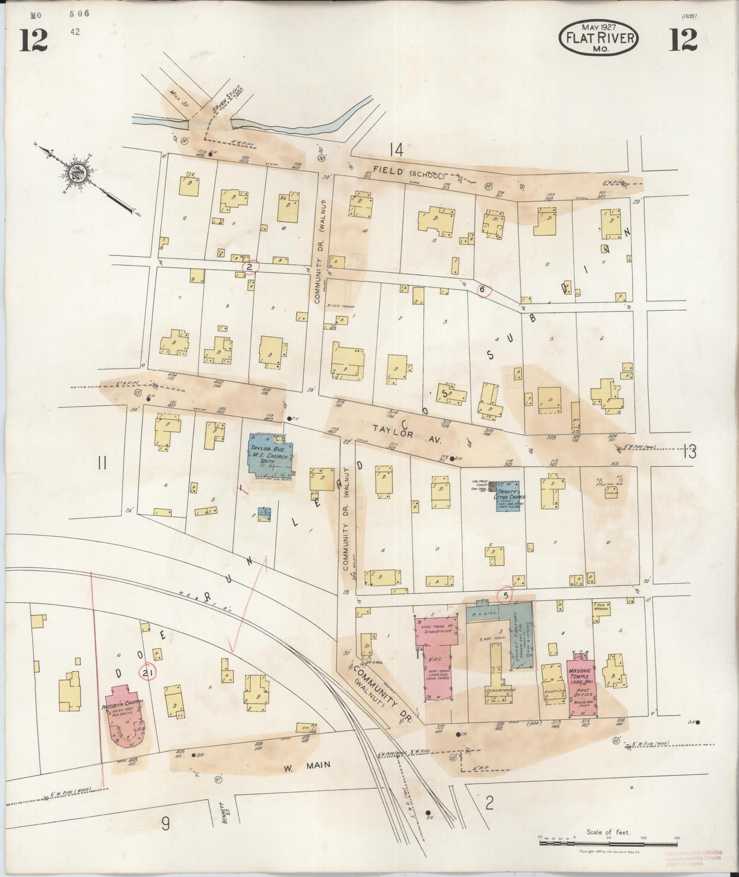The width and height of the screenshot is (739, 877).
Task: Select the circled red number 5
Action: click(x=506, y=595)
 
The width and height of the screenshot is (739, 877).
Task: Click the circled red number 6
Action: click(x=482, y=290)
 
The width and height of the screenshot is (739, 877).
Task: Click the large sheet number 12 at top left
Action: click(x=34, y=40)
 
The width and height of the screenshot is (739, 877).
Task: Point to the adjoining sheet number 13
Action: click(x=689, y=452)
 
